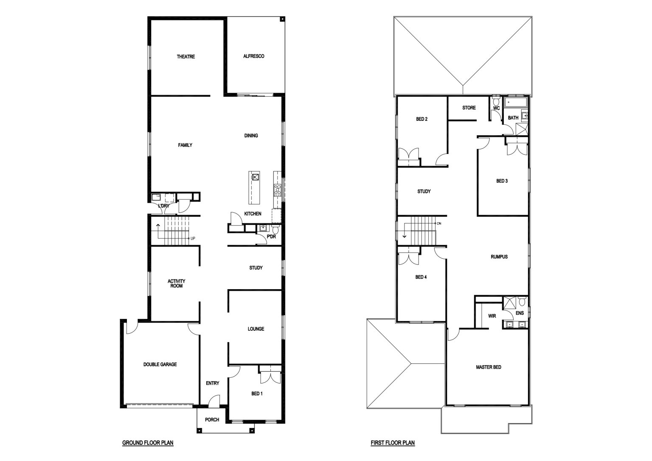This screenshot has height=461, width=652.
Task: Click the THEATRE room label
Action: (x=185, y=56)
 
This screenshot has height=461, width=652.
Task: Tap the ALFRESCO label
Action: (x=253, y=56)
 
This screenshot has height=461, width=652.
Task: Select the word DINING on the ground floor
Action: (x=251, y=136)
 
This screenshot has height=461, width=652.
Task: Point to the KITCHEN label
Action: (x=253, y=214)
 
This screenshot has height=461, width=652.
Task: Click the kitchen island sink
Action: (x=255, y=177)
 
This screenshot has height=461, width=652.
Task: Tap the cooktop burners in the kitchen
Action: (x=277, y=190)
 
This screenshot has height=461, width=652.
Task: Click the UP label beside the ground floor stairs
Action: (x=193, y=238)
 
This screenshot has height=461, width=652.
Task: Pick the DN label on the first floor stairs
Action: (x=439, y=224)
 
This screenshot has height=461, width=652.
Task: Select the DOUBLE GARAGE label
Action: (x=160, y=364)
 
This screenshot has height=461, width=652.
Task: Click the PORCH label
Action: (x=212, y=420)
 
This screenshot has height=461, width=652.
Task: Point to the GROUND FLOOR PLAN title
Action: (x=148, y=443)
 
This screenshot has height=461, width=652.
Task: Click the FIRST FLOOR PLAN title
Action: (x=393, y=443)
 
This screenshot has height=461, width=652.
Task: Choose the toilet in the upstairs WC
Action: (x=496, y=102)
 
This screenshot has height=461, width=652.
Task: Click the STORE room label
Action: (x=469, y=108)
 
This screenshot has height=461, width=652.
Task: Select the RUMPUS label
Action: (x=499, y=257)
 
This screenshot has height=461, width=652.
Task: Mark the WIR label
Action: (x=492, y=316)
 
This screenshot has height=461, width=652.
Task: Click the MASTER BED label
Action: (x=489, y=367)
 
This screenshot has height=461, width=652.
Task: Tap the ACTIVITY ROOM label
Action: (x=177, y=284)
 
